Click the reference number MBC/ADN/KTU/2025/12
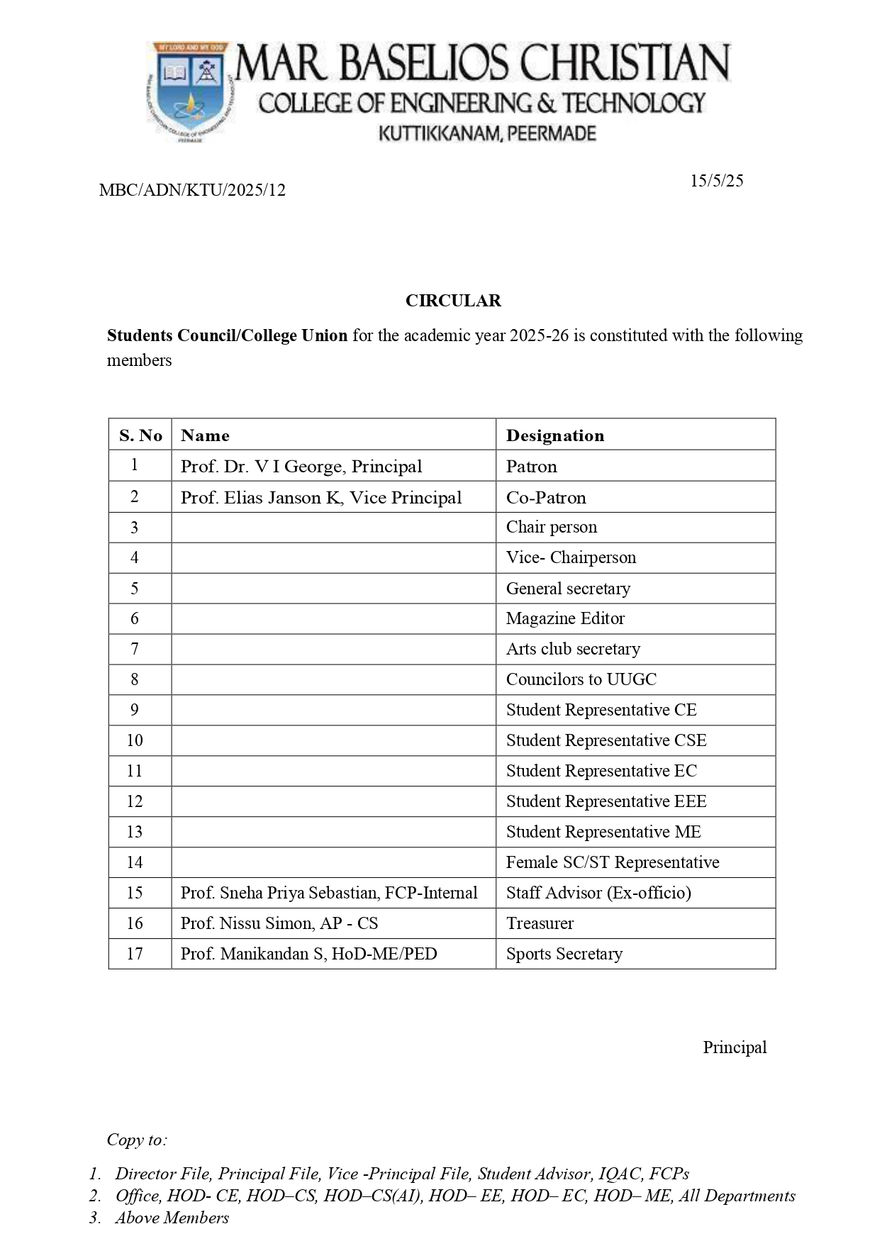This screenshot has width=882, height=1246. pyautogui.click(x=192, y=190)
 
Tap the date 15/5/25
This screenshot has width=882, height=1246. pyautogui.click(x=716, y=181)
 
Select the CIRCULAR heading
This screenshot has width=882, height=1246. pyautogui.click(x=453, y=301)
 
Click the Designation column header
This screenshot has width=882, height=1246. pyautogui.click(x=555, y=435)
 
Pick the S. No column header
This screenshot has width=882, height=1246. pyautogui.click(x=140, y=435)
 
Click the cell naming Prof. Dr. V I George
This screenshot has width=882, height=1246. pyautogui.click(x=301, y=467)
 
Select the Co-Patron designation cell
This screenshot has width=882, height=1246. pyautogui.click(x=546, y=498)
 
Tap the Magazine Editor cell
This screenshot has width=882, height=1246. pyautogui.click(x=565, y=618)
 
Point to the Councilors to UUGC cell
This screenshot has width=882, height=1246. pyautogui.click(x=581, y=679)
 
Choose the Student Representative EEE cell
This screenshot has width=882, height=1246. pyautogui.click(x=606, y=801)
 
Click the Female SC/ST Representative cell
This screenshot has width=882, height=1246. pyautogui.click(x=613, y=862)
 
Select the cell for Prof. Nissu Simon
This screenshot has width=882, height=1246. pyautogui.click(x=279, y=923)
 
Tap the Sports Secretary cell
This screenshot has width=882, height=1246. pyautogui.click(x=564, y=954)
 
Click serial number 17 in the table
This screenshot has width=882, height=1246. pyautogui.click(x=135, y=954)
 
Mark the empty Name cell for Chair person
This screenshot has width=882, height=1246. pyautogui.click(x=333, y=528)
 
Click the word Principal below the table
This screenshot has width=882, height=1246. pyautogui.click(x=735, y=1047)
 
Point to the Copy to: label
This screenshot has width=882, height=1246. pyautogui.click(x=137, y=1140)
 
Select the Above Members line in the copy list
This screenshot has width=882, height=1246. pyautogui.click(x=172, y=1218)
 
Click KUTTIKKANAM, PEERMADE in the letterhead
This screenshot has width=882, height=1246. pyautogui.click(x=487, y=133)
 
